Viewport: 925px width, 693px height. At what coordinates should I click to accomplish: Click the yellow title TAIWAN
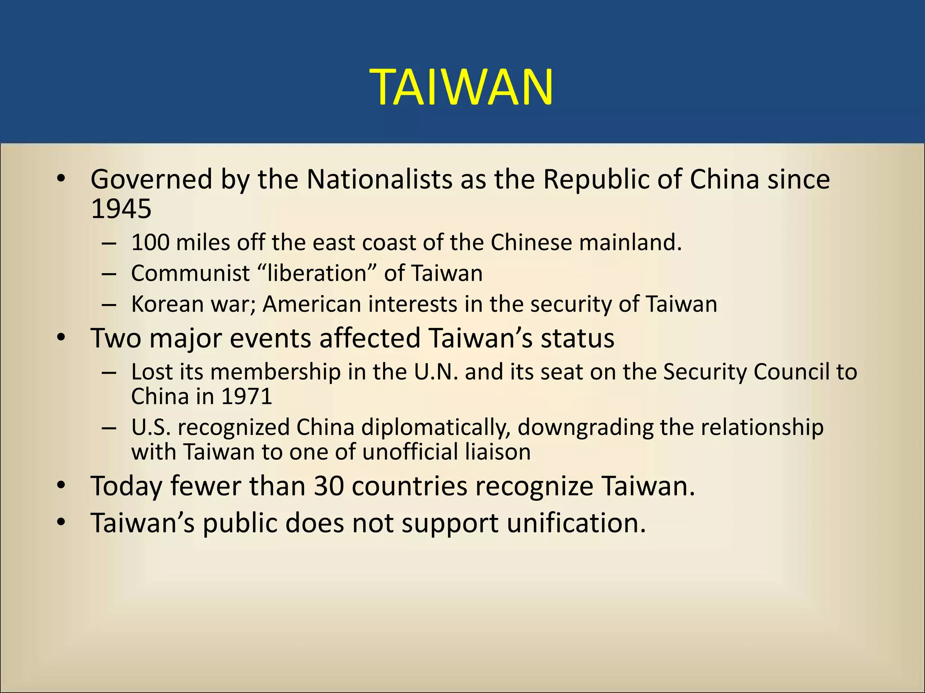coord(462,87)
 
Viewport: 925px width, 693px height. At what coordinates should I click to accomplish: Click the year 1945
coord(121,209)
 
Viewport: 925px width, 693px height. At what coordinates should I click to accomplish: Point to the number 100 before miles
coord(150,243)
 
